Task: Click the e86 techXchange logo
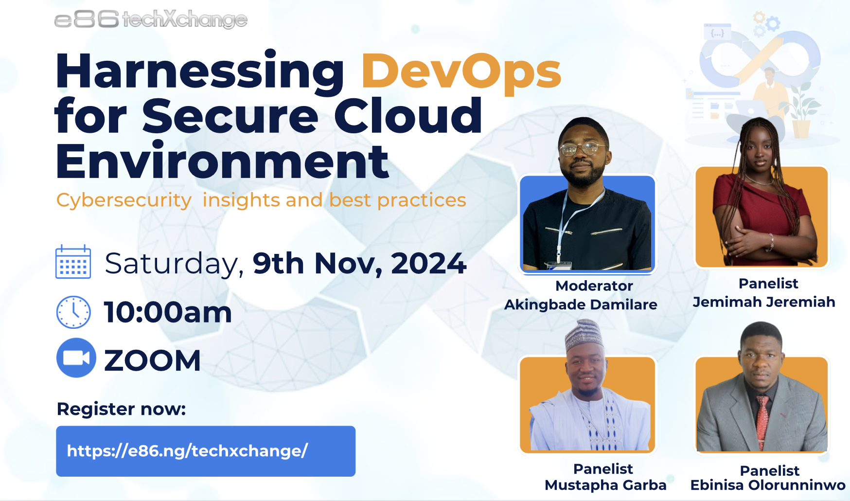click(151, 19)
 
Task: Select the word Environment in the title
click(222, 162)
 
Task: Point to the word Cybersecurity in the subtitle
click(124, 200)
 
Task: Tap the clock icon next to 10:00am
click(73, 312)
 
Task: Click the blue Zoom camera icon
click(76, 358)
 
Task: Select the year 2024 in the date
click(428, 263)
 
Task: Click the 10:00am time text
click(168, 312)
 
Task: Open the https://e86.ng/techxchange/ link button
click(206, 451)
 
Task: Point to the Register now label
click(122, 409)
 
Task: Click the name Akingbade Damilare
click(581, 305)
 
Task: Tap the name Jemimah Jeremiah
click(764, 302)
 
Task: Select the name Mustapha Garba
click(605, 485)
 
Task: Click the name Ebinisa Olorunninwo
click(768, 485)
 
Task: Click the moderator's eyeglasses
click(583, 148)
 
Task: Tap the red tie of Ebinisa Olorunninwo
click(761, 420)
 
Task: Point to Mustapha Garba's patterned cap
click(584, 336)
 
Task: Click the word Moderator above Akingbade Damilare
click(594, 286)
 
